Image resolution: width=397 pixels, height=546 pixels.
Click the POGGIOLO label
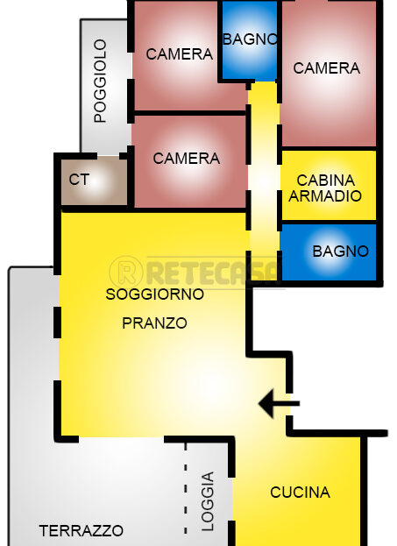click(100, 81)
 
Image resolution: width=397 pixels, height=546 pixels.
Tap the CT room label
click(79, 180)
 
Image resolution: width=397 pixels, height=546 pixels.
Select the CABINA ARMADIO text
click(325, 188)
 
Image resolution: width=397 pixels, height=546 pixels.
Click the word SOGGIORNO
click(154, 294)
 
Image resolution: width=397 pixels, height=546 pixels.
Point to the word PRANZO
click(154, 323)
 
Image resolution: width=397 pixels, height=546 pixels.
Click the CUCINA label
click(301, 492)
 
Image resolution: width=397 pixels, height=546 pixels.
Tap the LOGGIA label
click(208, 502)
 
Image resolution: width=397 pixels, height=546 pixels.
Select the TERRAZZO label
click(82, 531)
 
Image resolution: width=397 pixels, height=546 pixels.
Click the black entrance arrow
click(279, 404)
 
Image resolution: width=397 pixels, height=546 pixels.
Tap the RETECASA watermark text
click(213, 272)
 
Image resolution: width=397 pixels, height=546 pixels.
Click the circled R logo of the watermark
click(125, 272)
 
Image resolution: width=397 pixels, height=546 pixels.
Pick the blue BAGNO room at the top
click(250, 40)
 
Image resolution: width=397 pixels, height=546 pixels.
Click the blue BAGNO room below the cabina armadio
click(329, 252)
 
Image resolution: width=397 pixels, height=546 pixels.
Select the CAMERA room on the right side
click(329, 74)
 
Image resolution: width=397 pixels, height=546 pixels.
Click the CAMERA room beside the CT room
click(190, 161)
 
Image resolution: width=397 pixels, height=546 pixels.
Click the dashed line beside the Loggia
click(185, 489)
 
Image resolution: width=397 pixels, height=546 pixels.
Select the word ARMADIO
click(325, 196)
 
